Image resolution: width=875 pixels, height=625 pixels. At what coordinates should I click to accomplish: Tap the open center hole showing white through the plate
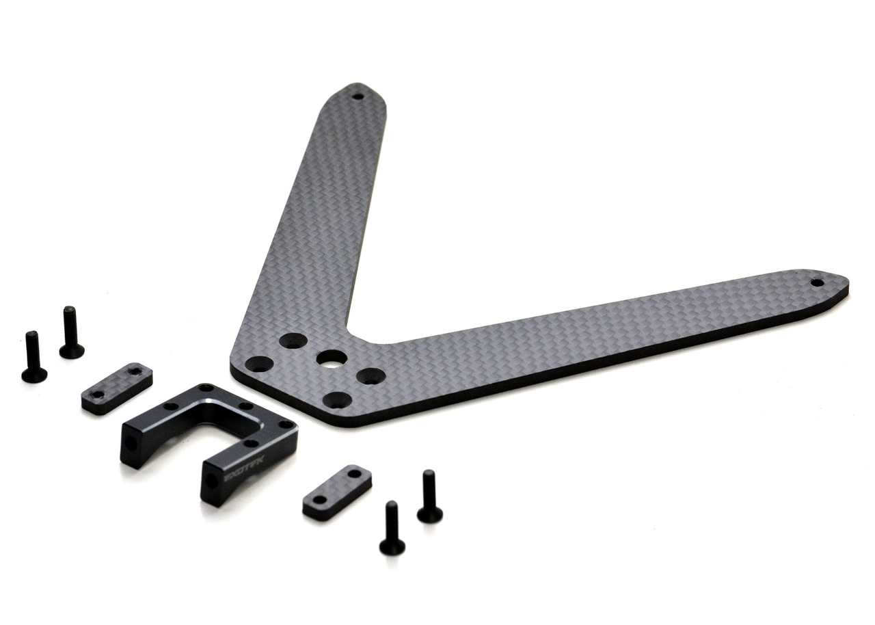click(x=332, y=358)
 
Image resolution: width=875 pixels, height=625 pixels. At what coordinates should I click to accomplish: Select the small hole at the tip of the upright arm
click(x=357, y=96)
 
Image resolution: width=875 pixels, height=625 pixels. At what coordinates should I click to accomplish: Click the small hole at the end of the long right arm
click(x=817, y=282)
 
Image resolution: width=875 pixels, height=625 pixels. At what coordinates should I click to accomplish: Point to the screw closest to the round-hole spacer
click(x=429, y=497)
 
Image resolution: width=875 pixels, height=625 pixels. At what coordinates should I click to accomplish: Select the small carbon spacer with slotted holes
click(x=117, y=388)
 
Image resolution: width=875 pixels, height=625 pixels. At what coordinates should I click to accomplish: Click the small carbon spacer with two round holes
click(x=337, y=492)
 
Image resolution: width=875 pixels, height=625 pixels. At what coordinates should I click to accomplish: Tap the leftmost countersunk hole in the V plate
click(x=259, y=364)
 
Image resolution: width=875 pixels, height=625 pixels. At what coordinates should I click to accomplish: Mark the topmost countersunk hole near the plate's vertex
click(x=293, y=340)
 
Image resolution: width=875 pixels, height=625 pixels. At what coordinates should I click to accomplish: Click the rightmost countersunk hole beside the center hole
click(x=371, y=375)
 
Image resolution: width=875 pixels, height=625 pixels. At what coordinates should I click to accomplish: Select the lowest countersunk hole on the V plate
click(x=337, y=400)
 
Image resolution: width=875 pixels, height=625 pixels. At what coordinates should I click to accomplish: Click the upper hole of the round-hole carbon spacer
click(x=353, y=473)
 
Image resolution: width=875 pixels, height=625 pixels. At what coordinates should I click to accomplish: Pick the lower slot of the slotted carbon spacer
click(x=98, y=395)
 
